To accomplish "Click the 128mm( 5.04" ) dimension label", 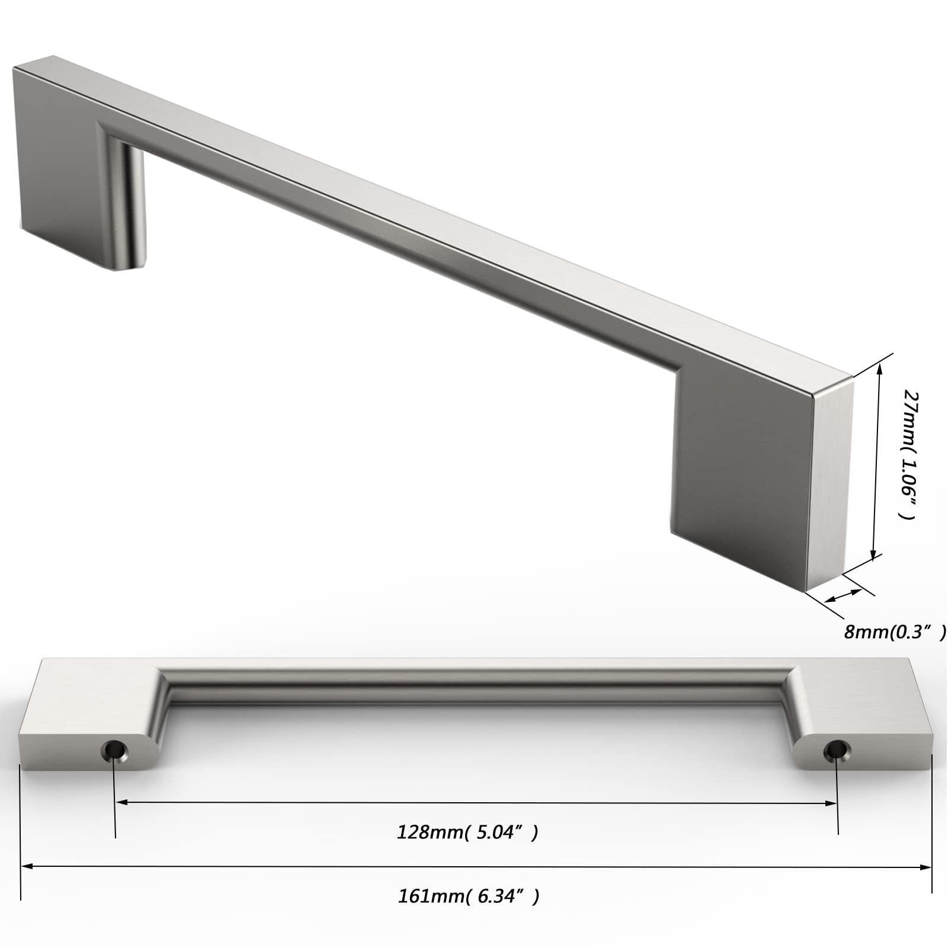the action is (467, 832).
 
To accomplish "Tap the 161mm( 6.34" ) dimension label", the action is (469, 896).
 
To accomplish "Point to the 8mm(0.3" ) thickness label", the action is (895, 632).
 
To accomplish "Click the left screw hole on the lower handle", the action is (115, 750).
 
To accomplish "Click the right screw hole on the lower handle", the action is (835, 750).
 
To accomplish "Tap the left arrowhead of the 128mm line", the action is (121, 803).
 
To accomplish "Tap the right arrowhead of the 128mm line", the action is (831, 803).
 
